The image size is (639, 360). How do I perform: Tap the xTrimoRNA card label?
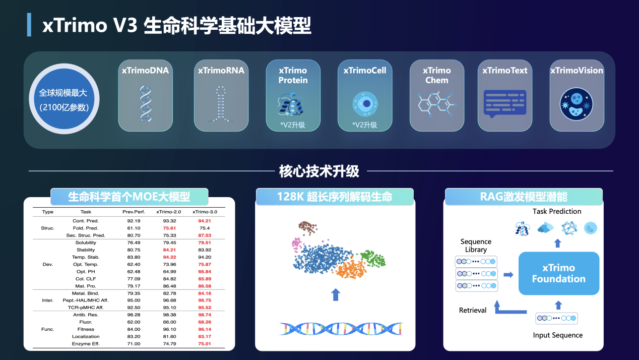221,71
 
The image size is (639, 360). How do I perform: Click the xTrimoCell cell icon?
365,103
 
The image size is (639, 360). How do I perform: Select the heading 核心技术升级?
319,171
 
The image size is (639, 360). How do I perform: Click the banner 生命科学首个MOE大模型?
130,197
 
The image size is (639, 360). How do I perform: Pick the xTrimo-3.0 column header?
204,212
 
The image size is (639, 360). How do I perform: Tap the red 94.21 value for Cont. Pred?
204,221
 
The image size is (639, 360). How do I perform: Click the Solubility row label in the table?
86,243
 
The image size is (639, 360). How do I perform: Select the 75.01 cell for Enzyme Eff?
204,344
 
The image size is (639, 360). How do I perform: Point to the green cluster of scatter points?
373,258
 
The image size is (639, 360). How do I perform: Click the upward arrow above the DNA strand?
335,294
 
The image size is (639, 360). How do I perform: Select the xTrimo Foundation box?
558,273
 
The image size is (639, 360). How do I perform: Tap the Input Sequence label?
557,335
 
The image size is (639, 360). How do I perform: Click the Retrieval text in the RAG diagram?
473,310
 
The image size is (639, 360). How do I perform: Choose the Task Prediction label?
557,211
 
